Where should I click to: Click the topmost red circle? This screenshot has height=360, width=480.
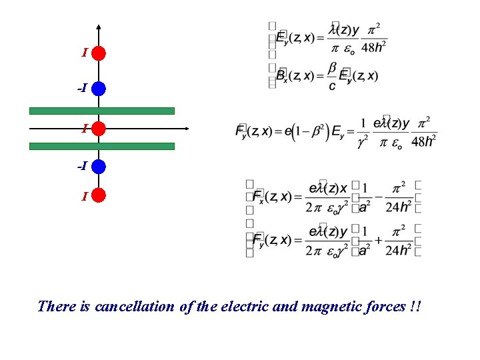(x=99, y=53)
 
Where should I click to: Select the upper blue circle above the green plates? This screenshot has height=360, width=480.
(x=99, y=88)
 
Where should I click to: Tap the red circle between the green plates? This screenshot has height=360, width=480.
(x=99, y=128)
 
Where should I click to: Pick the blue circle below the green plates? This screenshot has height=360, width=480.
(x=99, y=165)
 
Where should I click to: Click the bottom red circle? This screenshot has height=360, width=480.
(x=99, y=195)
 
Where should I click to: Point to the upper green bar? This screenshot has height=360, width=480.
(x=101, y=111)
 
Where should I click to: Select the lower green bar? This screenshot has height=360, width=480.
(x=101, y=145)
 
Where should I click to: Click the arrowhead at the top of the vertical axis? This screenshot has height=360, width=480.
(x=99, y=27)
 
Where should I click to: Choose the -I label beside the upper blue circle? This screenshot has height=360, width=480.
(x=81, y=88)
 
